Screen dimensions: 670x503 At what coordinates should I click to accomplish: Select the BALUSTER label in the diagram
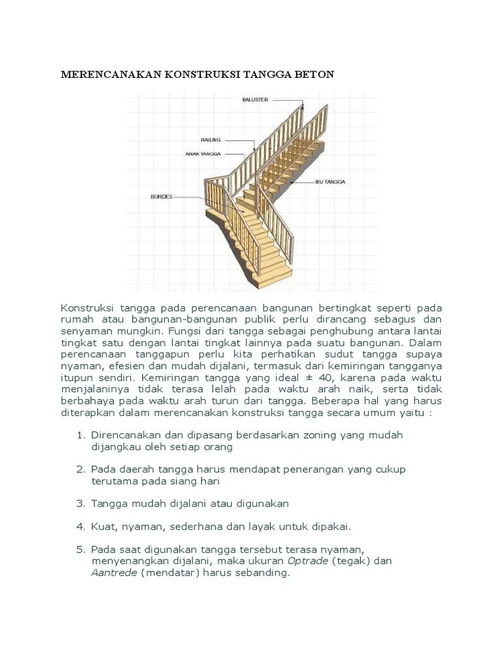(254, 99)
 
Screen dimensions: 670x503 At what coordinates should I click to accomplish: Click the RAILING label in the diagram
(211, 140)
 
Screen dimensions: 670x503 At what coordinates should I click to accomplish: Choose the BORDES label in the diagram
(161, 196)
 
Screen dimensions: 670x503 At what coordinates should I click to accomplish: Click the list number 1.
(81, 435)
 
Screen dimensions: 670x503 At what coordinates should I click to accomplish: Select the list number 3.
(81, 504)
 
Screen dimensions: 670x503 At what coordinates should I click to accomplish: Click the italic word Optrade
(308, 561)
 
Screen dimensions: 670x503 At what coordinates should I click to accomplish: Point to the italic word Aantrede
(113, 573)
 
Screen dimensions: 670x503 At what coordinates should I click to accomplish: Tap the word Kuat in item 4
(103, 526)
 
